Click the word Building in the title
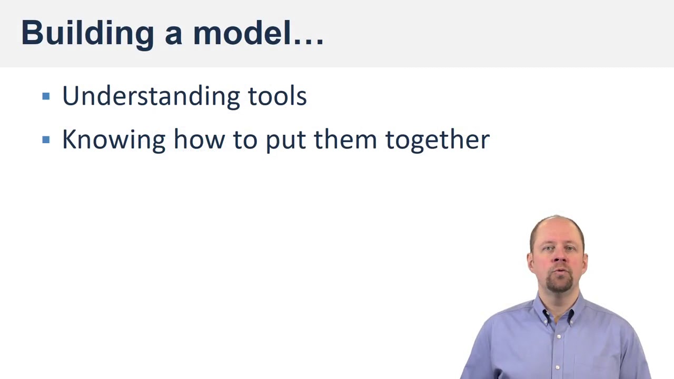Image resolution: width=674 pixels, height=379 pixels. click(x=87, y=33)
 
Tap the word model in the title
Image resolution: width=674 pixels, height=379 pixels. click(x=242, y=33)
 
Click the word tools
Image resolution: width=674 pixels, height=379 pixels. click(x=277, y=96)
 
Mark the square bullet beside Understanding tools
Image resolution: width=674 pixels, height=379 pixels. click(x=46, y=96)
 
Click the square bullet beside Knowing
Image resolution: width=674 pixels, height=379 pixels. click(x=46, y=140)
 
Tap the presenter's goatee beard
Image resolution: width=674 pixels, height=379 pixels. click(x=558, y=285)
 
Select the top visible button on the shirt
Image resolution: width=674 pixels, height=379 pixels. click(x=559, y=336)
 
